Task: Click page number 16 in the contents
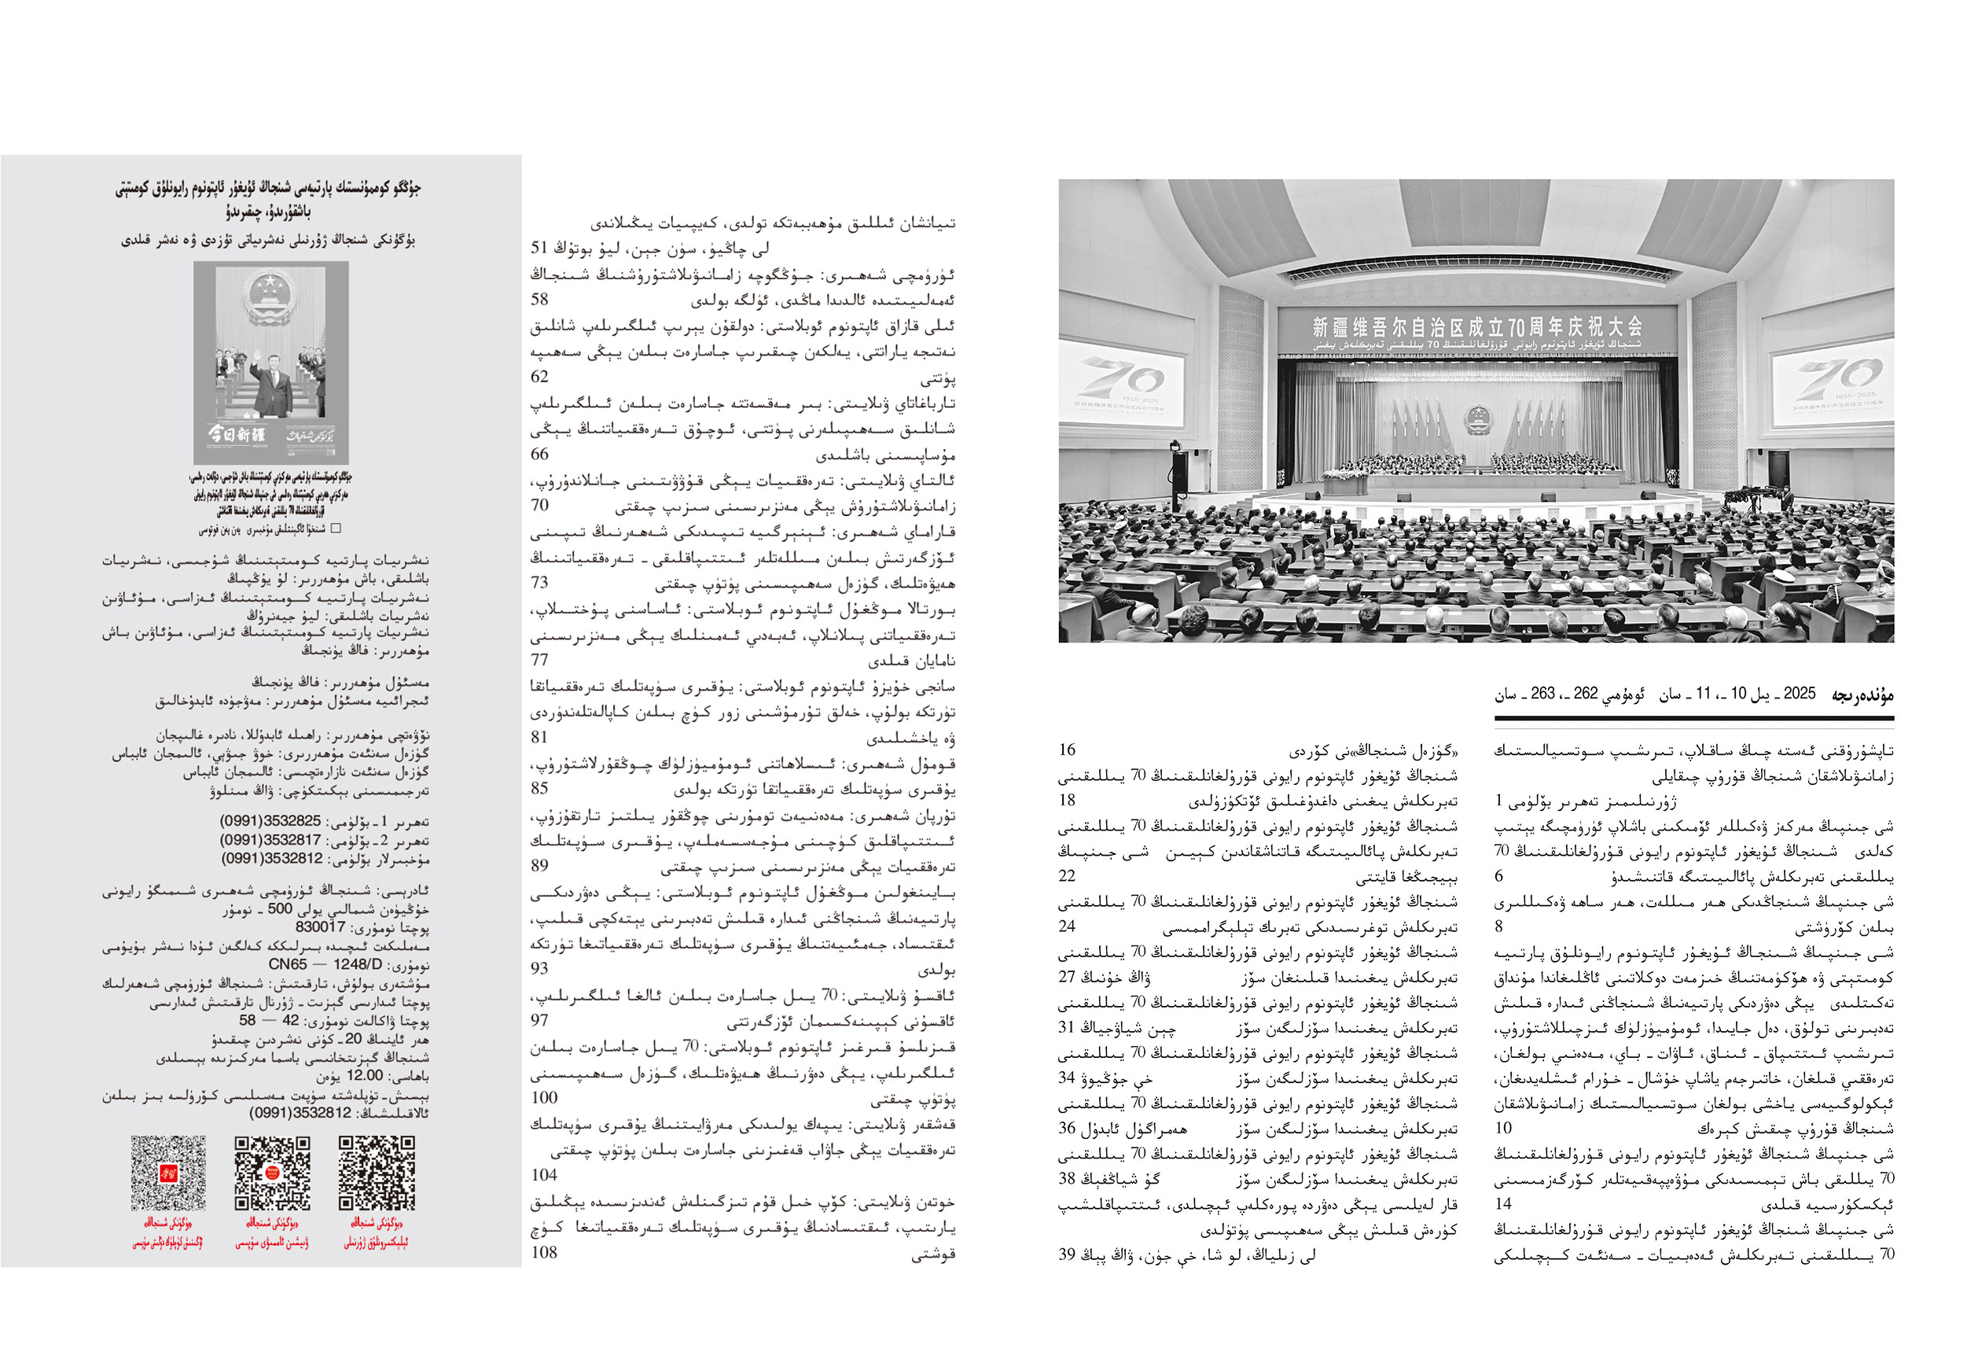tap(1068, 750)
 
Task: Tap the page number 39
tap(1068, 1255)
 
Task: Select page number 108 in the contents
tap(544, 1251)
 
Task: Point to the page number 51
tap(539, 248)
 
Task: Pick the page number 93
tap(539, 968)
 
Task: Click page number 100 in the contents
tap(544, 1097)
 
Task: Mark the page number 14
tap(1503, 1203)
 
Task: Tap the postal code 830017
tap(320, 927)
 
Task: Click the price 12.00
tap(364, 1075)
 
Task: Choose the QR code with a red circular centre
tap(272, 1173)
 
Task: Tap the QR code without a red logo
tap(377, 1173)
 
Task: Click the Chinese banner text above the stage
tap(1476, 326)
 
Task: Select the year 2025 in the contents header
tap(1800, 694)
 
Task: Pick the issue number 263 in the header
tap(1542, 694)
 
